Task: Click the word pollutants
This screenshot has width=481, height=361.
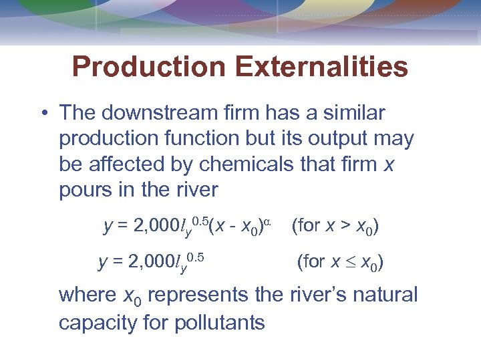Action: click(220, 323)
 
